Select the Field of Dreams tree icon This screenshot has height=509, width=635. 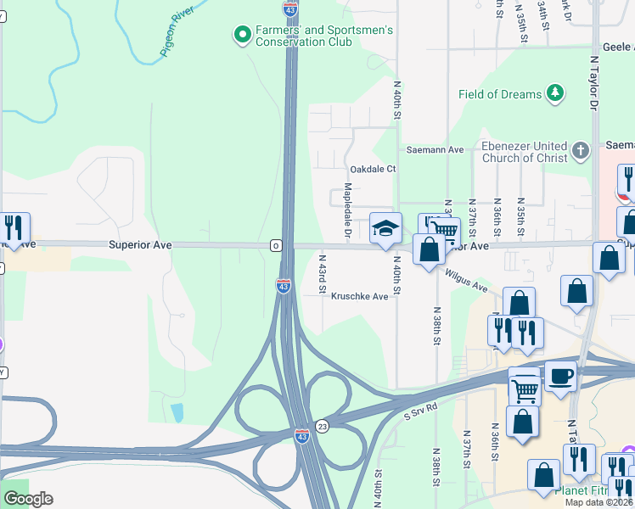pyautogui.click(x=555, y=93)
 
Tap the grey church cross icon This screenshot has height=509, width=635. pyautogui.click(x=581, y=151)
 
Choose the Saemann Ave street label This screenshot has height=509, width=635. pyautogui.click(x=434, y=149)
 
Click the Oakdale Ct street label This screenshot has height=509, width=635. pyautogui.click(x=374, y=169)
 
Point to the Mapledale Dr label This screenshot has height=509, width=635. pyautogui.click(x=347, y=210)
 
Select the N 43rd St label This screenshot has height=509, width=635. pyautogui.click(x=323, y=273)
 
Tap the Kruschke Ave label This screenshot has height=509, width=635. pyautogui.click(x=359, y=297)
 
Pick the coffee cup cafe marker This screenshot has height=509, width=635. pyautogui.click(x=559, y=376)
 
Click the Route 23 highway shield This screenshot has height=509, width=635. pyautogui.click(x=321, y=426)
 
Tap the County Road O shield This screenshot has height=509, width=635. pyautogui.click(x=276, y=246)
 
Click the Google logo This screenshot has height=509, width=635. pyautogui.click(x=28, y=499)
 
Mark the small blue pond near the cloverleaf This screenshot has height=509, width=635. pyautogui.click(x=176, y=413)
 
